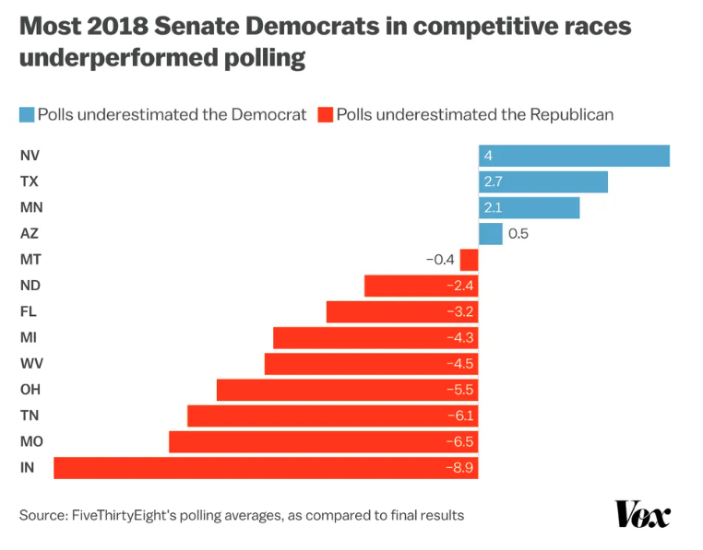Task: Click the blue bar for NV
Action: (x=573, y=156)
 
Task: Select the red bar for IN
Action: (x=266, y=467)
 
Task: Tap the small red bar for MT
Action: (x=469, y=260)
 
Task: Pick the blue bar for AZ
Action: (x=490, y=234)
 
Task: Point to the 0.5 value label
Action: (x=518, y=234)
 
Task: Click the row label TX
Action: (x=29, y=182)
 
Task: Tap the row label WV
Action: (x=30, y=364)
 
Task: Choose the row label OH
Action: (x=30, y=390)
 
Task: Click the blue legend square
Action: (x=26, y=115)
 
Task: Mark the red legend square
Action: (x=324, y=115)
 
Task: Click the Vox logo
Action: (x=643, y=514)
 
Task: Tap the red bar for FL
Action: (x=402, y=311)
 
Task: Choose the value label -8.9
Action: (x=459, y=467)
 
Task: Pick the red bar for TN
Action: (x=332, y=415)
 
